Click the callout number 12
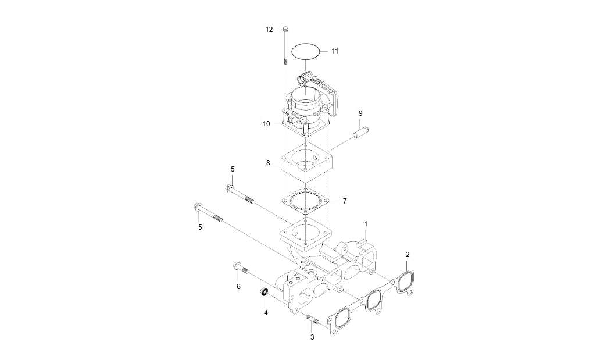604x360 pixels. [269, 29]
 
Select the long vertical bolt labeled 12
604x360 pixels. [286, 46]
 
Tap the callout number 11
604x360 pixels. [335, 51]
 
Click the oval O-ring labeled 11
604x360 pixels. [306, 51]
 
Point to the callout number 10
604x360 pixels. [266, 124]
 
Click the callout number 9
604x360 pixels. [360, 113]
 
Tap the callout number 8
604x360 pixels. [269, 163]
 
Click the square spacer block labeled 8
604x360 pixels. [306, 162]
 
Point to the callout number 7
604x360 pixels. [344, 201]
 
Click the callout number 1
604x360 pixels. [366, 223]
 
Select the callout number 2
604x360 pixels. [408, 255]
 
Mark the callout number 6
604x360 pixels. [238, 287]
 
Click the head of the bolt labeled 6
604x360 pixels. [237, 266]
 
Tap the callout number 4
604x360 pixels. [266, 312]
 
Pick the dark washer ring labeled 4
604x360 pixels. [263, 292]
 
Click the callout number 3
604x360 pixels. [312, 337]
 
